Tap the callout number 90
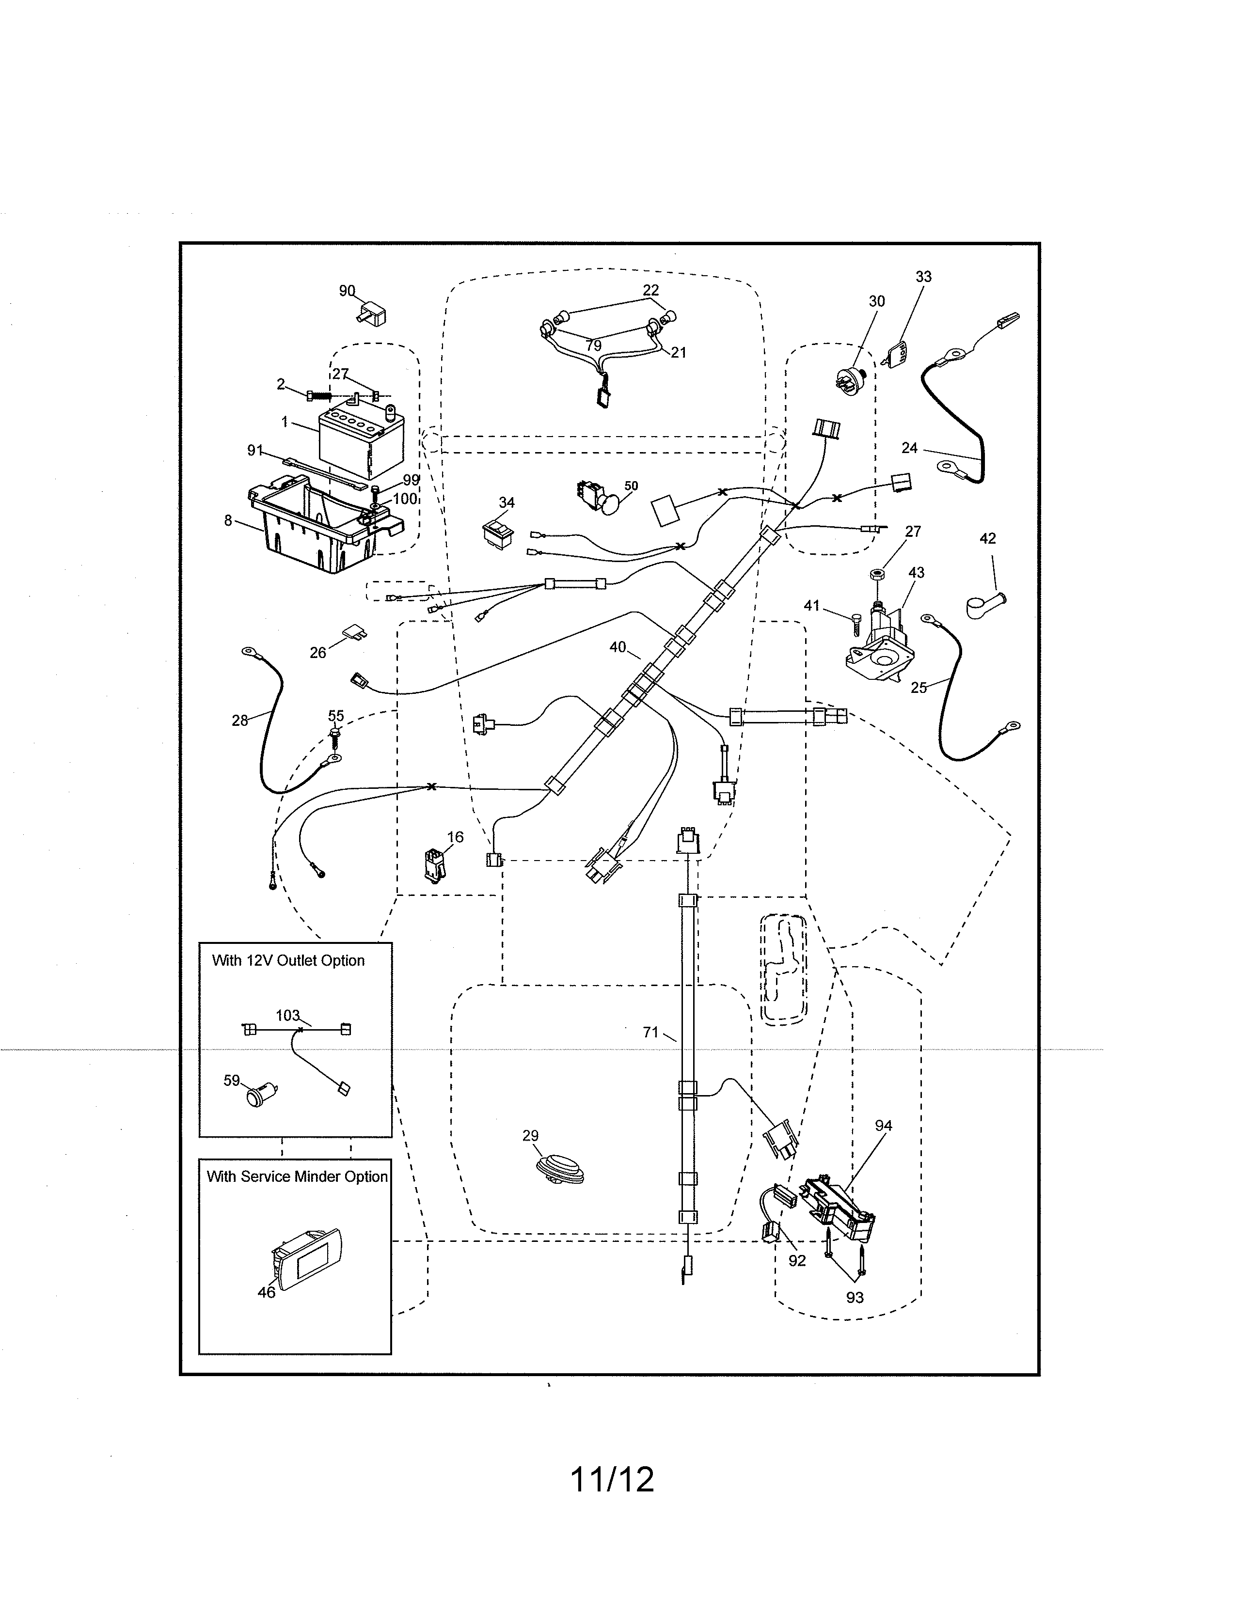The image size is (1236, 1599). (x=347, y=291)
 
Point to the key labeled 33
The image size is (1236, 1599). (x=899, y=355)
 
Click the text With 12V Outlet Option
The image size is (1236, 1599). (x=288, y=960)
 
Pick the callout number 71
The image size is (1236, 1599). (x=650, y=1032)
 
